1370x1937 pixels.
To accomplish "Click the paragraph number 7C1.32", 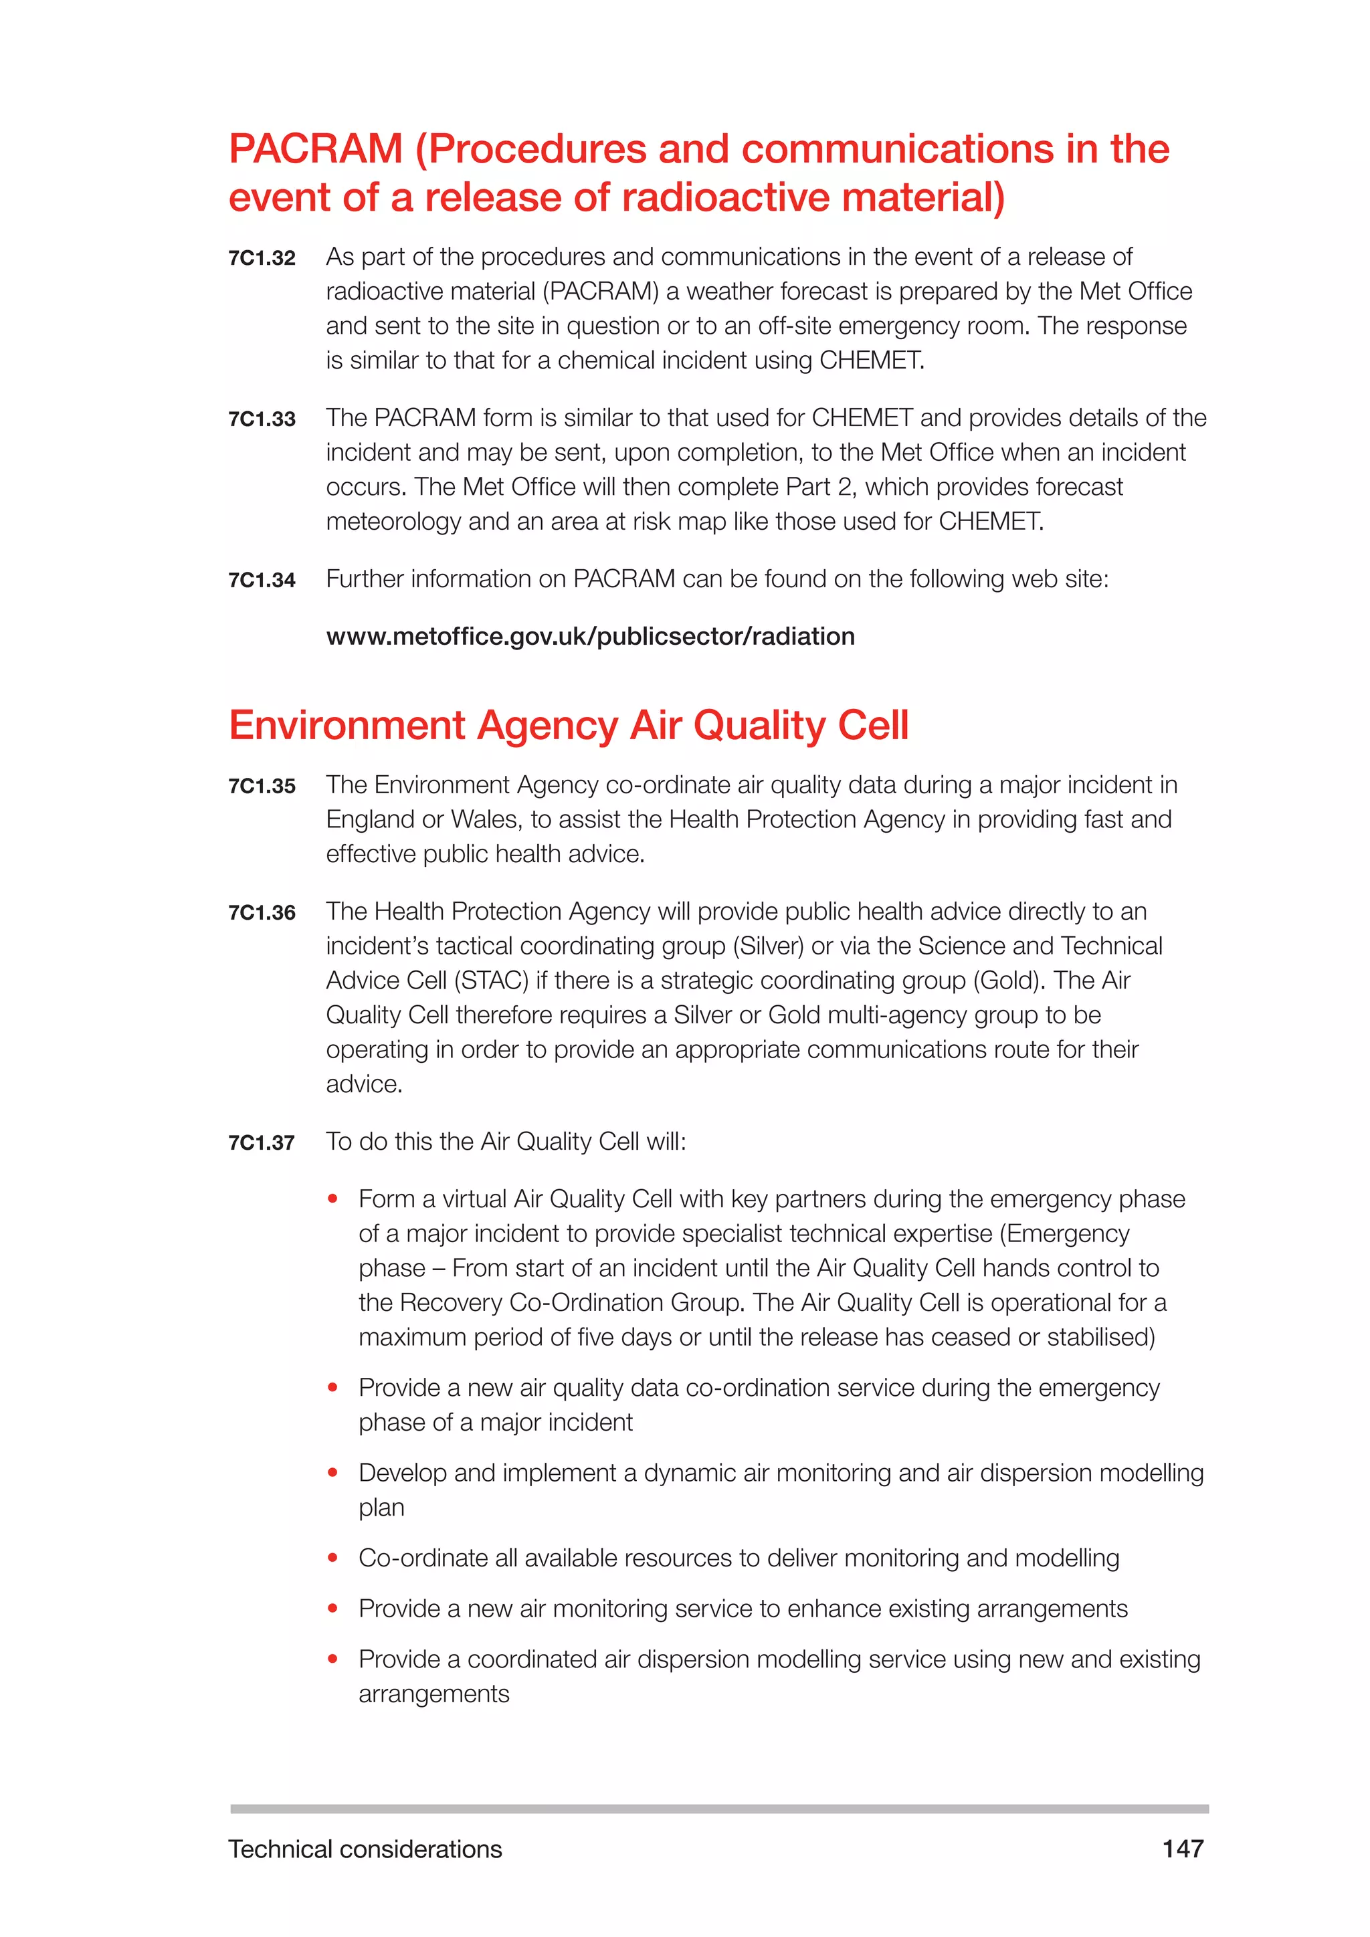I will pyautogui.click(x=262, y=258).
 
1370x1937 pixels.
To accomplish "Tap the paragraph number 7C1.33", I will pyautogui.click(x=262, y=419).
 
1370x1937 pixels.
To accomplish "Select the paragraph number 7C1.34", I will pyautogui.click(x=262, y=581).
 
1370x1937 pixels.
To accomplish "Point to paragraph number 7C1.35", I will pyautogui.click(x=262, y=787).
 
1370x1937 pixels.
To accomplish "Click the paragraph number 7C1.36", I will pyautogui.click(x=262, y=913).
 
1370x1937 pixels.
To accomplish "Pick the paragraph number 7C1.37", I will pyautogui.click(x=262, y=1143).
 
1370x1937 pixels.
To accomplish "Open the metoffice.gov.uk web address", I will pyautogui.click(x=591, y=636).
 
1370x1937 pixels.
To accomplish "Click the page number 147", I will pyautogui.click(x=1183, y=1849).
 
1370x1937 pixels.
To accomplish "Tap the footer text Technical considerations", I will pyautogui.click(x=365, y=1849).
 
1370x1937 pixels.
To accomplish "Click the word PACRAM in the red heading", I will pyautogui.click(x=316, y=149).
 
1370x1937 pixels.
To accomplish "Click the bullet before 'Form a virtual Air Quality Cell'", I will pyautogui.click(x=333, y=1199).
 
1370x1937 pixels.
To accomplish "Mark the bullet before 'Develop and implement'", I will pyautogui.click(x=333, y=1473).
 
